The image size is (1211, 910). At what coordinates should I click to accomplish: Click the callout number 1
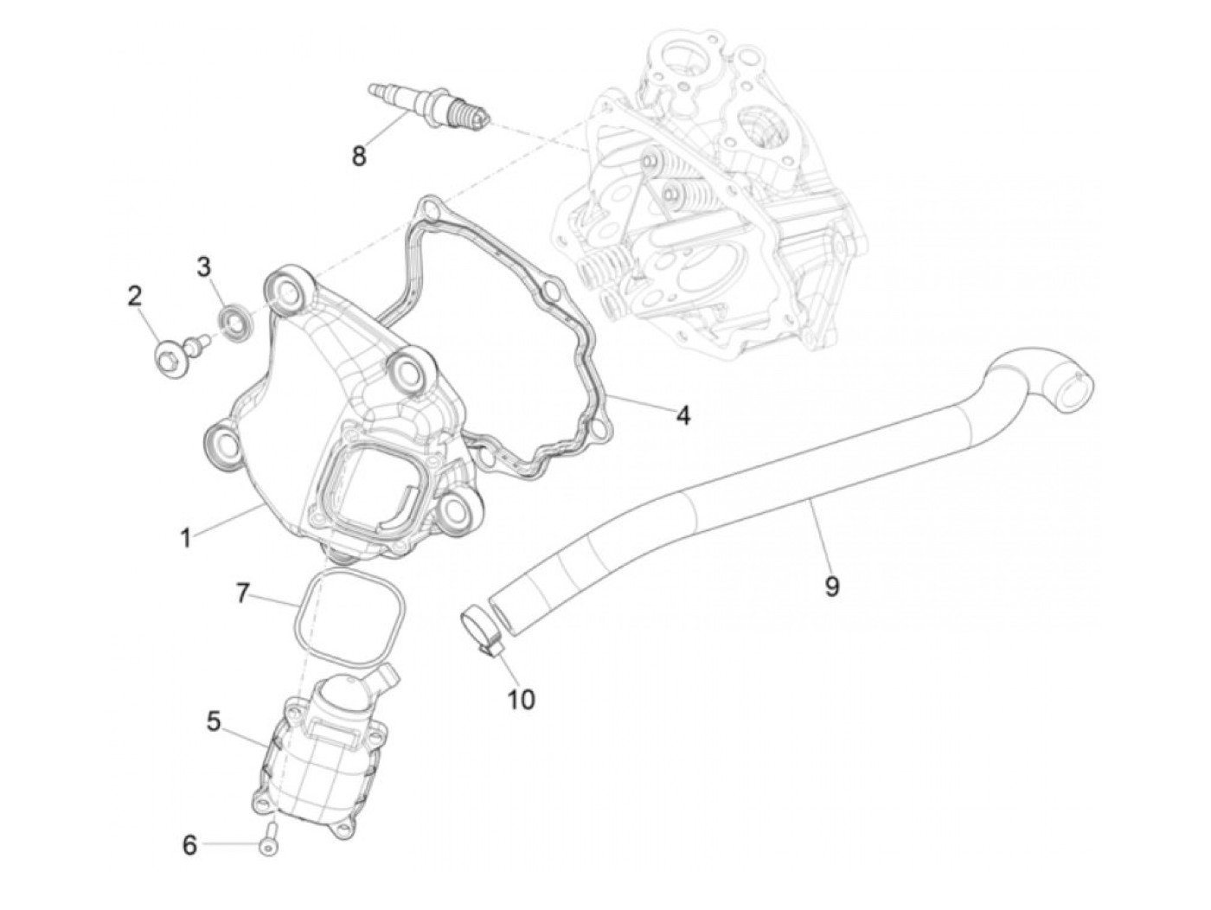(184, 538)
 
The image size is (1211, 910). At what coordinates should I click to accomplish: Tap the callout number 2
(134, 296)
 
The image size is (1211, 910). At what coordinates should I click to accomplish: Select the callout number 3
(203, 266)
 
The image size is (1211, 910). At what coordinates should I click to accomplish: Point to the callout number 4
(683, 415)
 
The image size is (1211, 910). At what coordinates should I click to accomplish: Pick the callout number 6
(189, 845)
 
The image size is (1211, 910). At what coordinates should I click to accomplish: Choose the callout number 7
(243, 593)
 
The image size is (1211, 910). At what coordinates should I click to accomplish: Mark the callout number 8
(358, 157)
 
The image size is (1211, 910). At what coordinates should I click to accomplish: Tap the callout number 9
(831, 586)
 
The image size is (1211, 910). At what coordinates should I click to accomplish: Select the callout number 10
(521, 698)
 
